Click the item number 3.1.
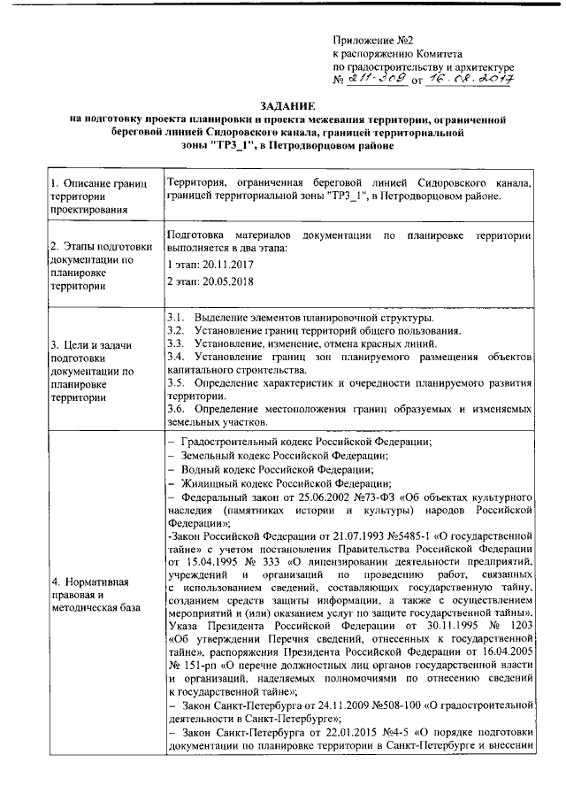coord(175,317)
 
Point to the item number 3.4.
coord(175,356)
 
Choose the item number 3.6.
coord(175,409)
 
